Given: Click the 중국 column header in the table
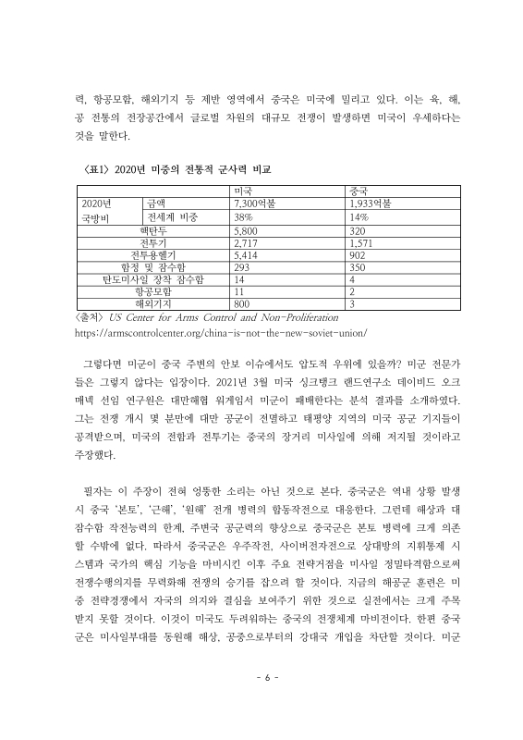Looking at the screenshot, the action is tap(361, 190).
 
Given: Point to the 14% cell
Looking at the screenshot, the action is tap(360, 216).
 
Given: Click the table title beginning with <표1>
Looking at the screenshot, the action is tap(169, 170).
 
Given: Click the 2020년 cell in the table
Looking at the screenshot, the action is tap(97, 203).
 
